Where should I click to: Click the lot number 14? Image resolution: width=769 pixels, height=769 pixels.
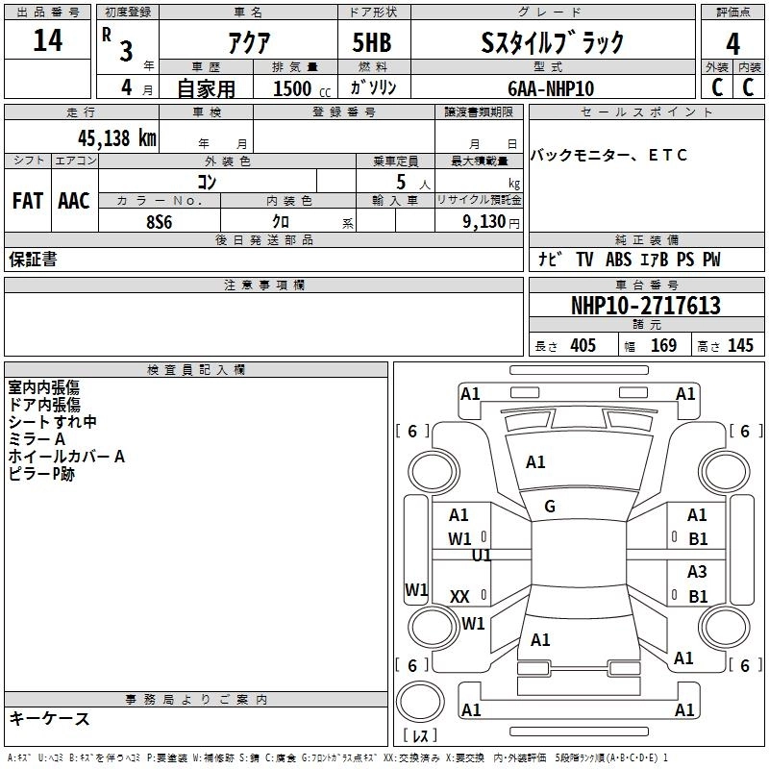click(47, 41)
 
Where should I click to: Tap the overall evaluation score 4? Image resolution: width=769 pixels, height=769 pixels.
click(732, 44)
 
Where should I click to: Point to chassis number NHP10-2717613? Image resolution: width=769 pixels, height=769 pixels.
click(645, 306)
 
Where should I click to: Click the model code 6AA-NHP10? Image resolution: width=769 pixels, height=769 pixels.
click(551, 88)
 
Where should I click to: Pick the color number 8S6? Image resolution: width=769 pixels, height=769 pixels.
click(159, 220)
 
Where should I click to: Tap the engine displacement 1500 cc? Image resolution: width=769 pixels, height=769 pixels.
click(297, 88)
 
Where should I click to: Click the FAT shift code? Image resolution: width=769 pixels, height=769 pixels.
click(27, 201)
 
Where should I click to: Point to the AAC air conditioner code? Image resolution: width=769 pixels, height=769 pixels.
click(73, 201)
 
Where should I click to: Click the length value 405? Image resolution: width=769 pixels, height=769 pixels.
click(583, 346)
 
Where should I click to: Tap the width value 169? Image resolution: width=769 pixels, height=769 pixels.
click(663, 346)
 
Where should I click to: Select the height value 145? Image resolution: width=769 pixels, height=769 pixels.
click(740, 346)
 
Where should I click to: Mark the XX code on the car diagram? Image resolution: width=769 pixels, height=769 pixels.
click(460, 597)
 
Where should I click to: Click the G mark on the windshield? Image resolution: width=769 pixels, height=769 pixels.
click(550, 506)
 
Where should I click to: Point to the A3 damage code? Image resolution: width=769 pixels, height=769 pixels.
click(697, 572)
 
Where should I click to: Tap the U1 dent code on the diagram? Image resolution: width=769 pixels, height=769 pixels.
click(482, 556)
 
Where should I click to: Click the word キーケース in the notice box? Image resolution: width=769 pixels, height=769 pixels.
click(50, 719)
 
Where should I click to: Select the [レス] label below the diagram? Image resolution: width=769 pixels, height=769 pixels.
click(420, 736)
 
